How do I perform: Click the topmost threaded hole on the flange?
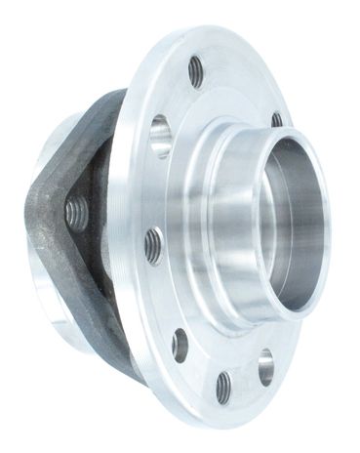[196, 71]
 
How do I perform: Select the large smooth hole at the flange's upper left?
[160, 136]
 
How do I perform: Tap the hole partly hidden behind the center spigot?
[277, 120]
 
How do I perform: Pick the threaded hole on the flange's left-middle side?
[153, 245]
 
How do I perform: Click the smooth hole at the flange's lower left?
[180, 345]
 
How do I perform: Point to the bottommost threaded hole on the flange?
[223, 387]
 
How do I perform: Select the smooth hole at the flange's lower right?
[265, 366]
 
